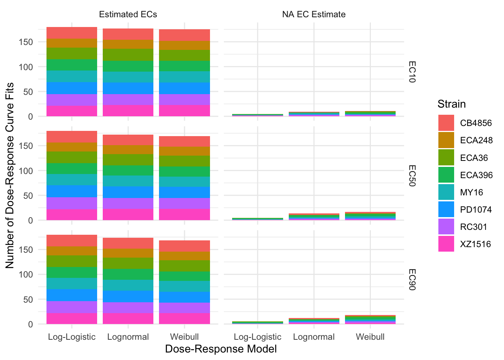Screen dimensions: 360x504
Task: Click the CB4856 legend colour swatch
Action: click(446, 123)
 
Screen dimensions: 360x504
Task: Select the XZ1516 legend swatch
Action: click(446, 244)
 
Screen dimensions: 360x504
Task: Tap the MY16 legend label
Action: click(471, 192)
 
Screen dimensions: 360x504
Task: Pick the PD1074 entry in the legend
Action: click(475, 210)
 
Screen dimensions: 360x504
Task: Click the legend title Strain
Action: click(451, 104)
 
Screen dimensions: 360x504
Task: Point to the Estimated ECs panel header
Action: click(128, 15)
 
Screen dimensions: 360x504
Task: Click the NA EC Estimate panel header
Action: click(314, 15)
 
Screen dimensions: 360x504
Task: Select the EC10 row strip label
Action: click(411, 72)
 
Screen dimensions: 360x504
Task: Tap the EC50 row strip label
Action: click(411, 175)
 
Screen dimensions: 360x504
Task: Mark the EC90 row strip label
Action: click(411, 279)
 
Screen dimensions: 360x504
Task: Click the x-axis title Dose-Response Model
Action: click(221, 349)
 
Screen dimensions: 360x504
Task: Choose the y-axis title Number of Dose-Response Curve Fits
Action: click(10, 175)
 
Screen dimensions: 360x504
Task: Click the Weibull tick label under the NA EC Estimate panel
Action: click(370, 337)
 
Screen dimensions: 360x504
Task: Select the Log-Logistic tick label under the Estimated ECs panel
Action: click(72, 337)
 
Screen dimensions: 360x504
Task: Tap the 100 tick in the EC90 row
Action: click(26, 274)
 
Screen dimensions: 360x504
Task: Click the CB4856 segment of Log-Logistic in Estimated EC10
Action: click(72, 33)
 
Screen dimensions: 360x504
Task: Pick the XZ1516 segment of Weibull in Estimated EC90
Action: click(184, 318)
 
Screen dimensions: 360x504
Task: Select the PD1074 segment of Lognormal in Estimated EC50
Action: click(128, 192)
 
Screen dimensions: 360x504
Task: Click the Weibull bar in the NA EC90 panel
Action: click(370, 319)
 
